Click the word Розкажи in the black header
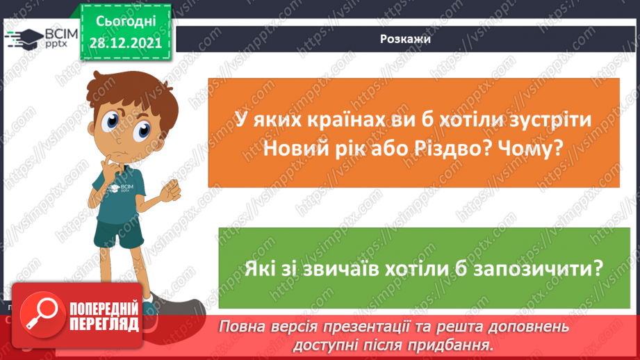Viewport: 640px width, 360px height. point(405,39)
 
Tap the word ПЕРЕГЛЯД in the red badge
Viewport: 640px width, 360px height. point(104,325)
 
